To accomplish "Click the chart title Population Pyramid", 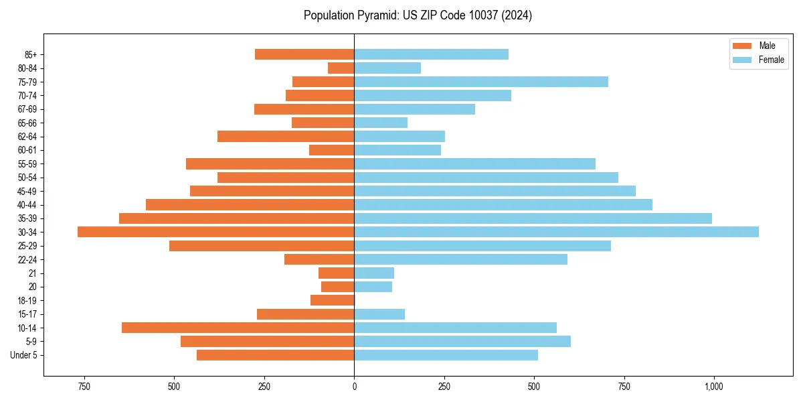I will click(x=418, y=15).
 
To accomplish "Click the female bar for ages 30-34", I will click(x=556, y=232).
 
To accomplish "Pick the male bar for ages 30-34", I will click(x=215, y=232).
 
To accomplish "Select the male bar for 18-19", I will click(x=332, y=300).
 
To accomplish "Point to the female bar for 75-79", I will click(x=480, y=82).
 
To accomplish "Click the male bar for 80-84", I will click(x=341, y=68).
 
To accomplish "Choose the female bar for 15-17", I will click(x=379, y=314).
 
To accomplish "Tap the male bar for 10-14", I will click(x=238, y=328).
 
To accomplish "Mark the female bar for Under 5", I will click(x=446, y=355).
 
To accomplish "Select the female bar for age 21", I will click(x=374, y=273).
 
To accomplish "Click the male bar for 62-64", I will click(x=286, y=137).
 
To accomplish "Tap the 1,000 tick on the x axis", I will click(x=713, y=387).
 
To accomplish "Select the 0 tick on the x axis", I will click(x=354, y=387).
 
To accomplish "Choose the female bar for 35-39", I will click(x=533, y=218).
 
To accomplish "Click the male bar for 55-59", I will click(x=270, y=163).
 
